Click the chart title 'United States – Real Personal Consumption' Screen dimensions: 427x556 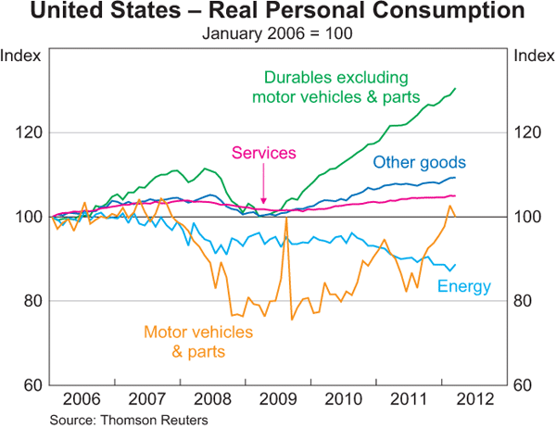(277, 13)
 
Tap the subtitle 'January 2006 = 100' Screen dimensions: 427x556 (277, 35)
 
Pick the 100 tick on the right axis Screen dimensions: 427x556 (530, 217)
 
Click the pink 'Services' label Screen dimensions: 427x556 (264, 153)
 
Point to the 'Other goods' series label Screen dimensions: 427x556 (419, 163)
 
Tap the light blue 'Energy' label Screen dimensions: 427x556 (463, 286)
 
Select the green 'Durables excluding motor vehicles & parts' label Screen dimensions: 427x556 (336, 86)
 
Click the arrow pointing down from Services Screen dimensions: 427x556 (264, 190)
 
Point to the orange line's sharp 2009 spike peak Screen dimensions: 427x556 (286, 219)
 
